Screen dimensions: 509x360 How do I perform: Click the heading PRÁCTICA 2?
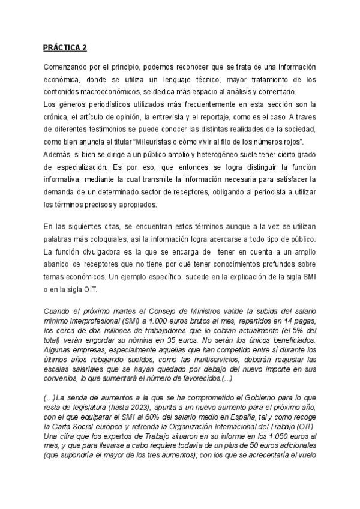point(66,47)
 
